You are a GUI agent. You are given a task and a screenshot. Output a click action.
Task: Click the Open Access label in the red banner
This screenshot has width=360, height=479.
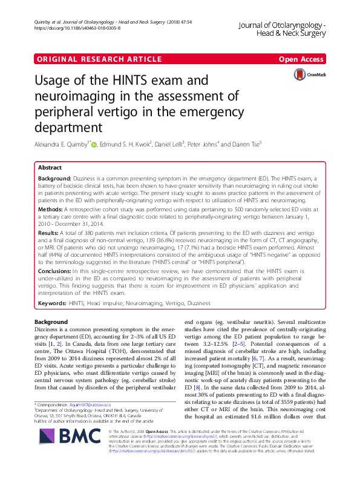pos(301,59)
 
